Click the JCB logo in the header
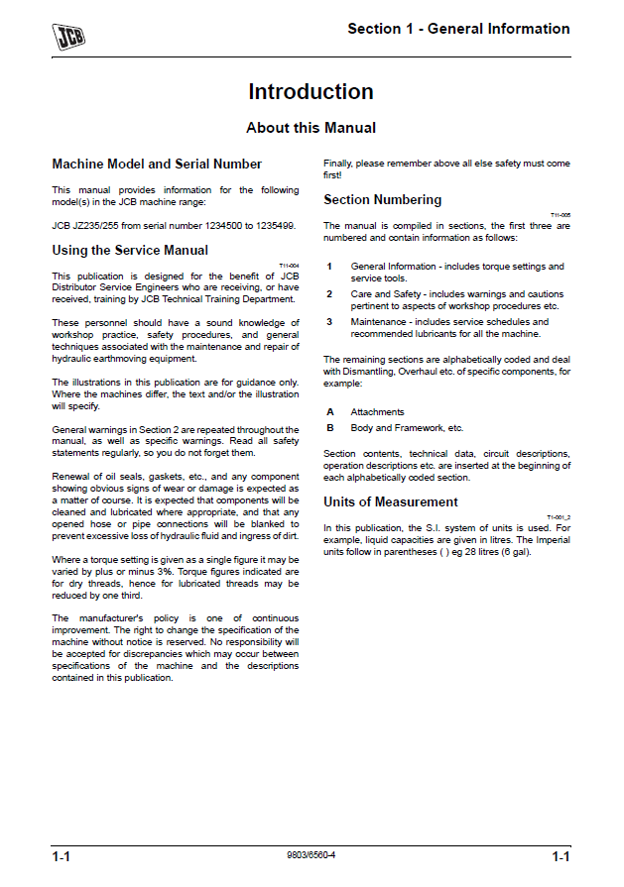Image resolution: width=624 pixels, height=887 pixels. pyautogui.click(x=67, y=36)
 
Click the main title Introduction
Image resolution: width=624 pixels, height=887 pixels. pyautogui.click(x=311, y=92)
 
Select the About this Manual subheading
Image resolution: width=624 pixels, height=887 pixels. pyautogui.click(x=311, y=128)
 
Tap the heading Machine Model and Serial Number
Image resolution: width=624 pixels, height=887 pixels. pyautogui.click(x=157, y=165)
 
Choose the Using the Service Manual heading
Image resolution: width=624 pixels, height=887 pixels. pyautogui.click(x=130, y=251)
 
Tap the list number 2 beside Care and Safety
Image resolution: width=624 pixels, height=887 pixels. pyautogui.click(x=329, y=294)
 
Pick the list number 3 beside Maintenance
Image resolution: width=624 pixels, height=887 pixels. pyautogui.click(x=329, y=322)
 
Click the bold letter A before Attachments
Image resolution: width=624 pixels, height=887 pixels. pyautogui.click(x=329, y=411)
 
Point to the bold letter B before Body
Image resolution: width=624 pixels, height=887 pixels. pyautogui.click(x=329, y=428)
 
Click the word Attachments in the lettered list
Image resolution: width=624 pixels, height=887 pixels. pyautogui.click(x=377, y=411)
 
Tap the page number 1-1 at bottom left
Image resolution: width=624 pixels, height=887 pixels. pyautogui.click(x=65, y=855)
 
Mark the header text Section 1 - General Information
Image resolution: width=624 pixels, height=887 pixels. pyautogui.click(x=458, y=29)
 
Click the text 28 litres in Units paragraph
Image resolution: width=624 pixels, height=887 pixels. pyautogui.click(x=479, y=552)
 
